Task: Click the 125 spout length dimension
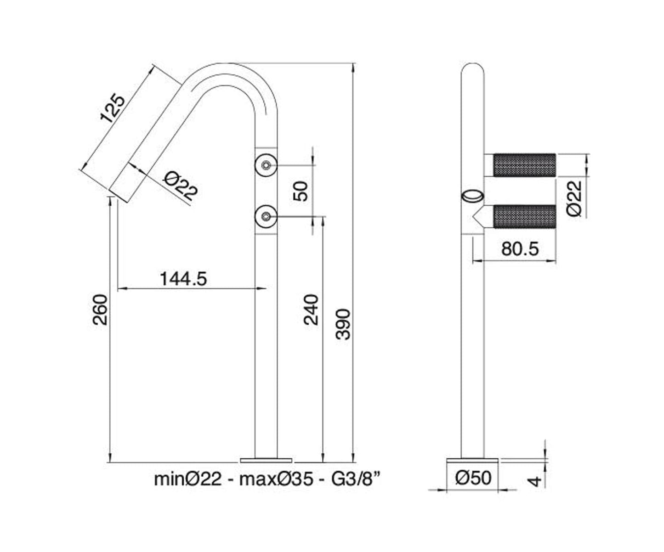pos(113,108)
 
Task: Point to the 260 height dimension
pos(101,310)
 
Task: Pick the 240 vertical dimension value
pos(312,310)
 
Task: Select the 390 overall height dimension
pos(343,324)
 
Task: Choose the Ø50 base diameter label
pos(473,478)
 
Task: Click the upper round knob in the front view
pos(266,164)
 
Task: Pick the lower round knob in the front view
pos(266,216)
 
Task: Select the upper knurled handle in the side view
pos(525,165)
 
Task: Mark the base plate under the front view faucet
pos(266,460)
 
